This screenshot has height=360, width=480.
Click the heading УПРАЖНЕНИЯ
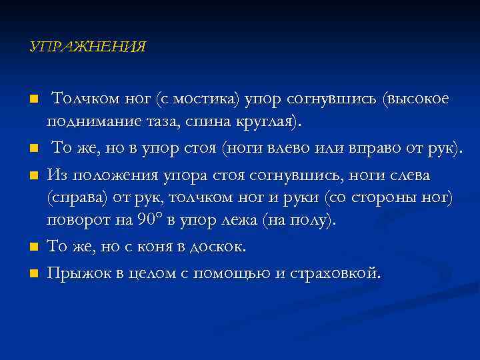87,47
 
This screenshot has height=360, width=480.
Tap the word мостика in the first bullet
209,100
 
